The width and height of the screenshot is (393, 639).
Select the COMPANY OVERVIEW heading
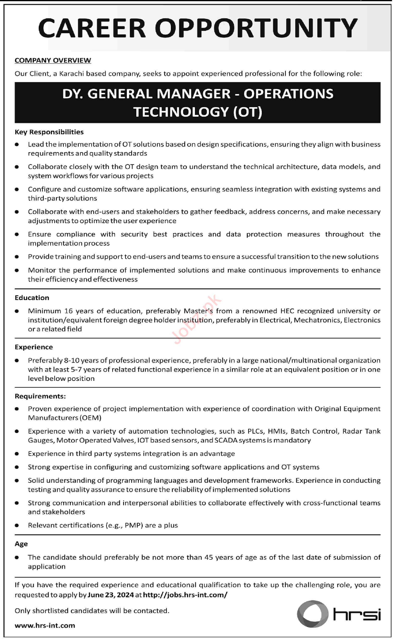point(53,60)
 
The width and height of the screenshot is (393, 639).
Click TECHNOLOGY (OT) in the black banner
point(198,112)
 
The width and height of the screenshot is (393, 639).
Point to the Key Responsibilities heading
point(49,132)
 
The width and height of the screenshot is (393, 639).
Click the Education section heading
point(32,298)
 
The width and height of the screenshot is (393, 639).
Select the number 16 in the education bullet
point(68,311)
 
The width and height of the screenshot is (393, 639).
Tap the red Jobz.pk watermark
point(197,319)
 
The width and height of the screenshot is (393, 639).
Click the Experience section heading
point(34,347)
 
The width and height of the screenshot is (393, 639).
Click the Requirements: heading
point(40,396)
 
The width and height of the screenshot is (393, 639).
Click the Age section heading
point(21,543)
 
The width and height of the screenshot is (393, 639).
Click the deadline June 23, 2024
point(111,595)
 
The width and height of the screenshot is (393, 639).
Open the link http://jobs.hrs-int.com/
point(185,595)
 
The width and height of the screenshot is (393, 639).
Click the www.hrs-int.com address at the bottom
point(45,625)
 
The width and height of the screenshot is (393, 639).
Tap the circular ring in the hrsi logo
point(313,614)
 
